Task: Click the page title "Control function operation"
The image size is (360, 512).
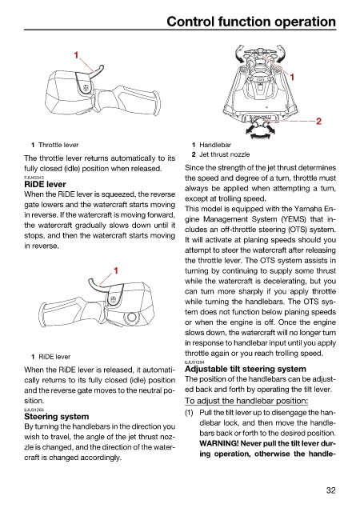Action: [251, 22]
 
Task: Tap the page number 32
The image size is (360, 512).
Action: [330, 490]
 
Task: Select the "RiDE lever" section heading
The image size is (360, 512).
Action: [45, 184]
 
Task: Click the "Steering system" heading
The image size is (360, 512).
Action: [57, 417]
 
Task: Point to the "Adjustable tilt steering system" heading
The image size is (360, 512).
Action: [246, 369]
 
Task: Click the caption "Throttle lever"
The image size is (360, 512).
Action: [58, 145]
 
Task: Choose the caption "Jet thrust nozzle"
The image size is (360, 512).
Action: [225, 154]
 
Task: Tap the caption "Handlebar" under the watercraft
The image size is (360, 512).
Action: [215, 145]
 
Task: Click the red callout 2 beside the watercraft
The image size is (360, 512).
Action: [318, 121]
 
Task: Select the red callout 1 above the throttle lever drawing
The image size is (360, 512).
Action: [76, 55]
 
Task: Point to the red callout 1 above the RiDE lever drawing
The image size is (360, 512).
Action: [116, 270]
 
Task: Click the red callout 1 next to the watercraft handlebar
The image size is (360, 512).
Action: [292, 77]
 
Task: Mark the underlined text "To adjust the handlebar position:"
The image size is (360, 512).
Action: [246, 401]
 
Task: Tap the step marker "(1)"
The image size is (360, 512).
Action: [189, 413]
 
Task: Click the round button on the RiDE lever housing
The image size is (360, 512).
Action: [131, 317]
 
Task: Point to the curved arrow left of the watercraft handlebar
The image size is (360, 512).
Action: [239, 54]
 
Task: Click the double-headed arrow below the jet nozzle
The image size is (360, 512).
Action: [260, 134]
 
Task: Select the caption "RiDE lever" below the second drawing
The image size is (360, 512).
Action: [54, 357]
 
